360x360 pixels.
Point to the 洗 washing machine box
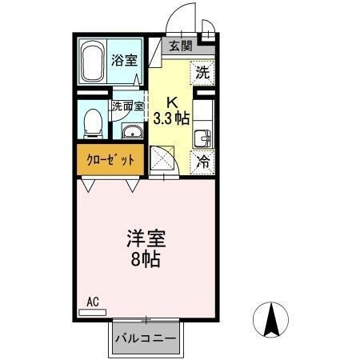[203, 70]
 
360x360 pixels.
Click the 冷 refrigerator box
[203, 160]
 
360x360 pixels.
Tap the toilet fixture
[91, 122]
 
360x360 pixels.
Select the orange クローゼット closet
[110, 159]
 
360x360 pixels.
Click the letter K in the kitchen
[172, 102]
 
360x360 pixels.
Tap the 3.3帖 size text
[172, 116]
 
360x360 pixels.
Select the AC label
[92, 302]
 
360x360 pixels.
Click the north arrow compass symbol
[270, 321]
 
